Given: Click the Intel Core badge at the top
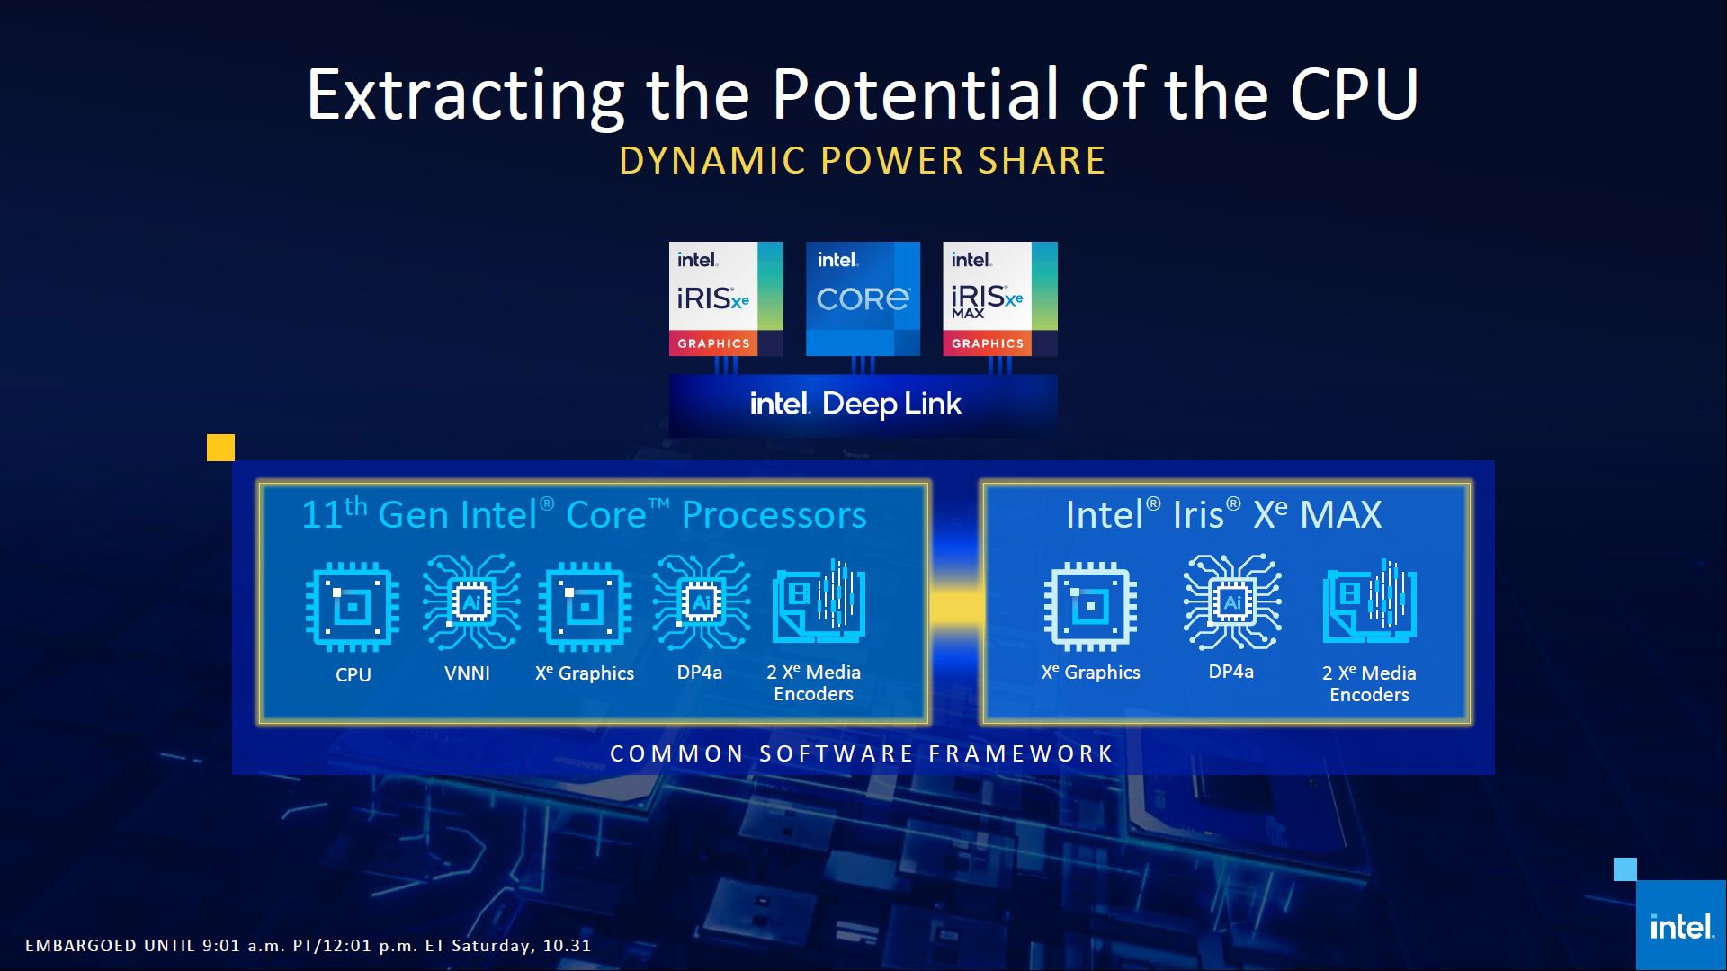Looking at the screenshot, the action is (863, 298).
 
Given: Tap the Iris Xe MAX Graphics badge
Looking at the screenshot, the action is (999, 298).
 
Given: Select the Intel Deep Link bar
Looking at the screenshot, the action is (863, 405).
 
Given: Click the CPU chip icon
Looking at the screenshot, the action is (353, 607).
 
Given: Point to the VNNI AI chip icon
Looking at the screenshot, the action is (471, 601).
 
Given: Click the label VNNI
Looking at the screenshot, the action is (467, 673).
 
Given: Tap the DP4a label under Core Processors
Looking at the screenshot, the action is (699, 673).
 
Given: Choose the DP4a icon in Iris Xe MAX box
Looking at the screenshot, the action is (1232, 601).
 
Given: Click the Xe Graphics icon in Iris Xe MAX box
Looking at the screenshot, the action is (1090, 607).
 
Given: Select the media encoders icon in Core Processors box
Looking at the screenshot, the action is (819, 601).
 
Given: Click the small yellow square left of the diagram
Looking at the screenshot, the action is (220, 448).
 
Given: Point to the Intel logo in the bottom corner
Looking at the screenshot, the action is (1681, 925).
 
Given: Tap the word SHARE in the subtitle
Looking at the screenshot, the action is (1042, 161).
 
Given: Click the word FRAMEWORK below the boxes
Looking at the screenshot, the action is (1021, 753).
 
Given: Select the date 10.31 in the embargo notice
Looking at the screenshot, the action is (568, 945).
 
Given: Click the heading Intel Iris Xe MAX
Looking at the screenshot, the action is (1223, 514).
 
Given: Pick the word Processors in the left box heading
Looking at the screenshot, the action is (774, 515).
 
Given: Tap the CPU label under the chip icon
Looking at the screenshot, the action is (353, 674).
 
